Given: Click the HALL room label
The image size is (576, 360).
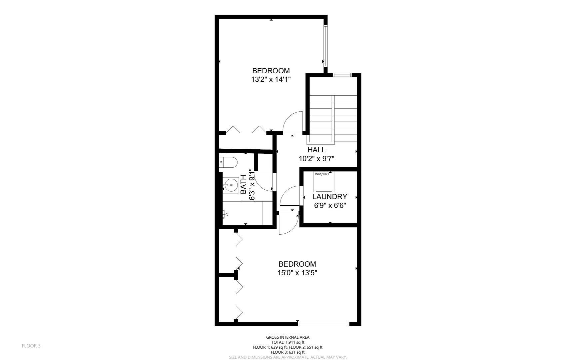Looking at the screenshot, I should (x=316, y=150).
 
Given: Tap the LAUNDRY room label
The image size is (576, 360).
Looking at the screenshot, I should (x=330, y=197).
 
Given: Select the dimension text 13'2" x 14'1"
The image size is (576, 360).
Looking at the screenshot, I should (x=271, y=80).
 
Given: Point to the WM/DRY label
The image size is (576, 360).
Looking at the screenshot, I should (x=322, y=174).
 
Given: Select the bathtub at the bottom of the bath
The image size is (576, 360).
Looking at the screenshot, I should (x=243, y=213).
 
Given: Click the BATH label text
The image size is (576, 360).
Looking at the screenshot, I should (x=244, y=185).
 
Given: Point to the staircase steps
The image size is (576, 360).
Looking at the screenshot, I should (x=333, y=117).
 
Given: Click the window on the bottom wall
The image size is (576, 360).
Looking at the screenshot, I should (x=323, y=323).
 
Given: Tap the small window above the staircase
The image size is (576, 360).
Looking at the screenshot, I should (x=342, y=75).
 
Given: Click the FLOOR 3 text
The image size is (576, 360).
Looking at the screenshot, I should (x=31, y=346).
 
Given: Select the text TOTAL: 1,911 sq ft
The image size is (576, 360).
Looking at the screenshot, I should (x=288, y=342).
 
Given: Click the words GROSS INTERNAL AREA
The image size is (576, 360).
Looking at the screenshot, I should (x=288, y=337).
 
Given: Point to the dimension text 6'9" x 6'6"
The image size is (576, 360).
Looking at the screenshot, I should (x=330, y=206).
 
